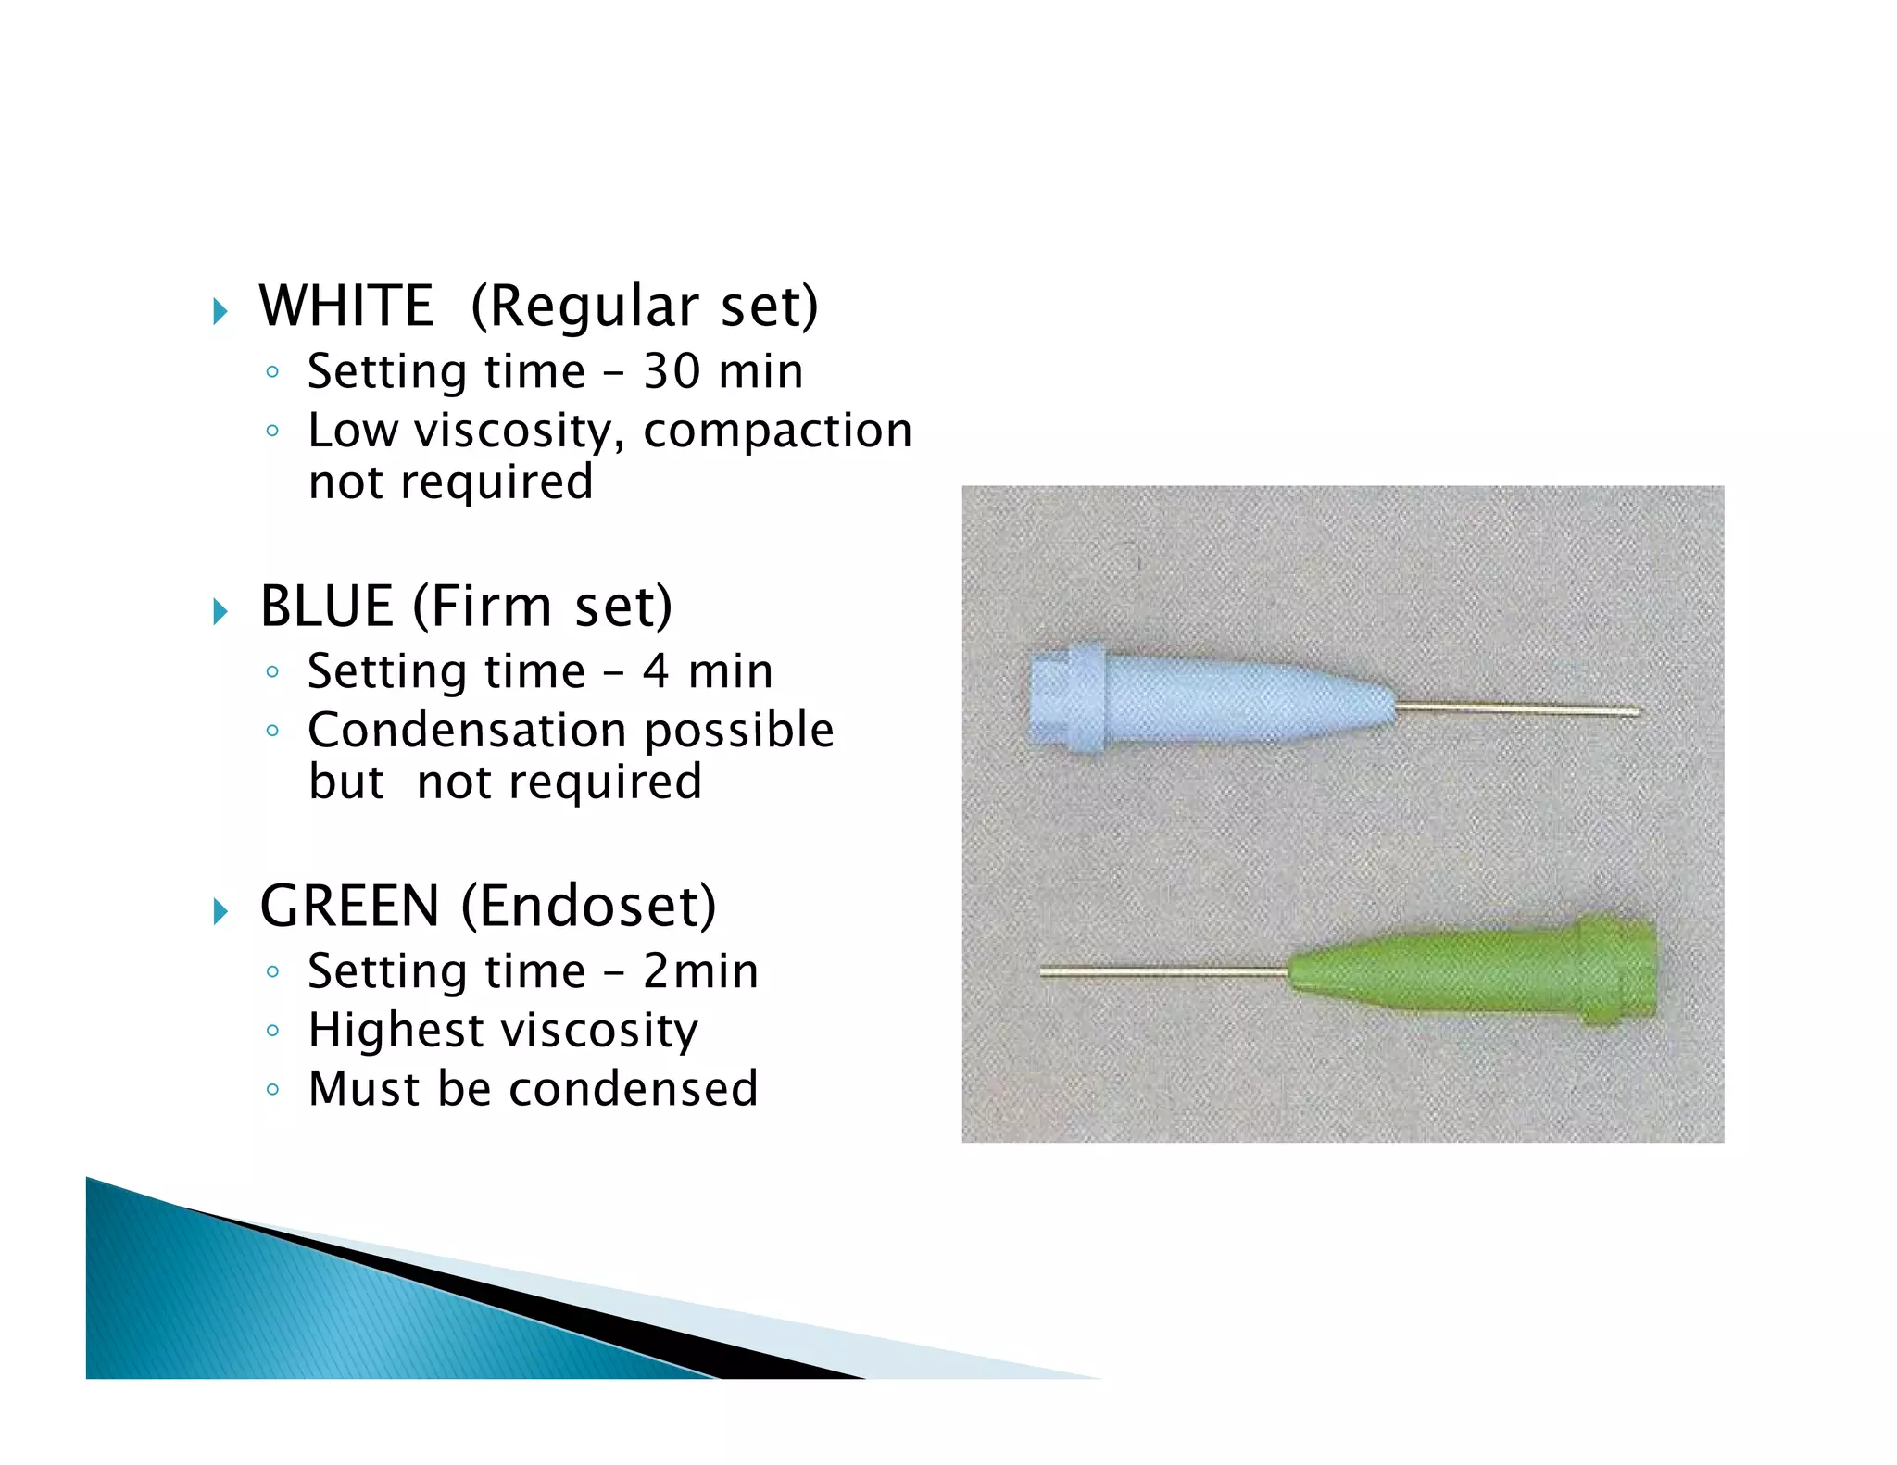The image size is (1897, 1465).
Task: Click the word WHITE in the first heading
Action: (x=346, y=307)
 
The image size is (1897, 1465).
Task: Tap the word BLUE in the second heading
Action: (x=326, y=607)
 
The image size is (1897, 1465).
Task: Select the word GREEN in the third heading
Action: (x=349, y=907)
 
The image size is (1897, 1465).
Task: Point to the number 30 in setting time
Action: (x=672, y=371)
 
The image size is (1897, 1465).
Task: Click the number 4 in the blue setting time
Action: (x=656, y=671)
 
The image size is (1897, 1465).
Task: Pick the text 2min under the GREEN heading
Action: (x=700, y=971)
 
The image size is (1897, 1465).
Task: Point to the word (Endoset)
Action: (x=589, y=907)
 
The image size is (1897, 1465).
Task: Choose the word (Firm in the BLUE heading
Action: (x=482, y=607)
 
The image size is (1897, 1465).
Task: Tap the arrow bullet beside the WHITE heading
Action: (x=220, y=311)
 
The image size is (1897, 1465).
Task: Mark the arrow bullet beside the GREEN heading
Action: (x=220, y=911)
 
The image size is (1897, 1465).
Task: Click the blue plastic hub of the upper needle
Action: (x=1204, y=700)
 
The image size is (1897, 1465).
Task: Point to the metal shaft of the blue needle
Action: (x=1519, y=710)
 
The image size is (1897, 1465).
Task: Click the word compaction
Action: (x=777, y=432)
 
